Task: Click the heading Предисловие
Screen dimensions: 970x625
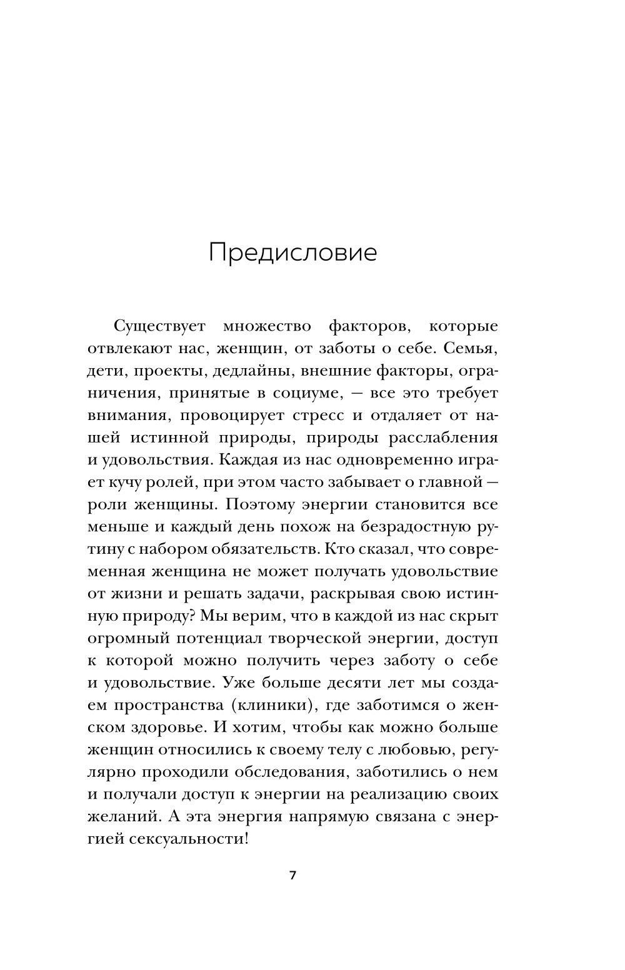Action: pos(292,253)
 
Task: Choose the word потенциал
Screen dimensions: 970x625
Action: pos(220,638)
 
